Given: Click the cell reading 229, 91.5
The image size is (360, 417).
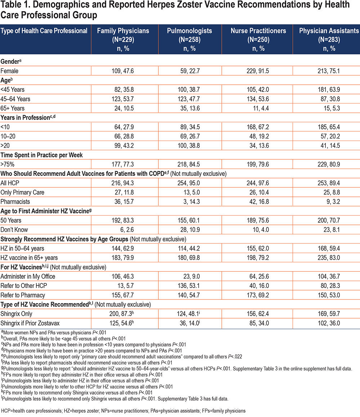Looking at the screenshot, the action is click(258, 71).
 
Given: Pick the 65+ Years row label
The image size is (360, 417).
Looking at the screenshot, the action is click(13, 108).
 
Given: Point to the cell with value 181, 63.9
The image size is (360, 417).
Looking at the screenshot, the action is click(329, 90).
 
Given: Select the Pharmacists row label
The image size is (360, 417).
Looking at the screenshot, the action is click(15, 201).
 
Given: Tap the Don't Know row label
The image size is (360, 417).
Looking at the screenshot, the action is click(14, 230).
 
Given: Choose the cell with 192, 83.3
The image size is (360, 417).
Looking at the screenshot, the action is click(123, 220).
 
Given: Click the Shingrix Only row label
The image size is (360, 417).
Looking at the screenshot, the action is click(16, 314).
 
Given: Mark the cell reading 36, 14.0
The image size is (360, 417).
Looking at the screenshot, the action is click(190, 323).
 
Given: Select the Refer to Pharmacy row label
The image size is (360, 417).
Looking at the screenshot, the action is click(23, 295).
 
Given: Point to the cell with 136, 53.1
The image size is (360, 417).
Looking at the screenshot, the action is click(189, 285).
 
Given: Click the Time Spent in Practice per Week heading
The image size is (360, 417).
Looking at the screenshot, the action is click(41, 155).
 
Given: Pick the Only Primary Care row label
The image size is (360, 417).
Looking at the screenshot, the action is click(22, 192).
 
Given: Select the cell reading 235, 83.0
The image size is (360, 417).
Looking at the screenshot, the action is click(329, 258).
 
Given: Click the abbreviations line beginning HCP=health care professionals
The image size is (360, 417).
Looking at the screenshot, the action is click(123, 411).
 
